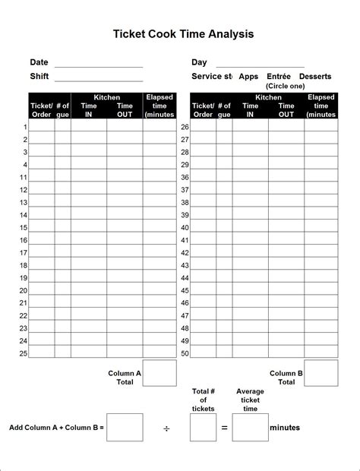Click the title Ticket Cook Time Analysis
coord(183,34)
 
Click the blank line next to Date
coord(99,65)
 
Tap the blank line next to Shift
coord(99,79)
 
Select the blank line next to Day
coord(260,65)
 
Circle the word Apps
coord(248,77)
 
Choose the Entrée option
coord(279,77)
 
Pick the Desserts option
coord(315,77)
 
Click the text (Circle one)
coord(285,87)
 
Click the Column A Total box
coord(159,373)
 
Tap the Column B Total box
coord(321,373)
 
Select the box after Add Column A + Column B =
coord(125,427)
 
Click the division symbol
coord(166,428)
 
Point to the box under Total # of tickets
coord(203,427)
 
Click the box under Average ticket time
coord(250,427)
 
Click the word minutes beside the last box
coord(285,428)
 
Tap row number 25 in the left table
coord(24,353)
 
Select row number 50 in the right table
coord(185,353)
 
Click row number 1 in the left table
coord(25,127)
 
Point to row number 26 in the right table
coord(185,127)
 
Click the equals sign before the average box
coord(225,428)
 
